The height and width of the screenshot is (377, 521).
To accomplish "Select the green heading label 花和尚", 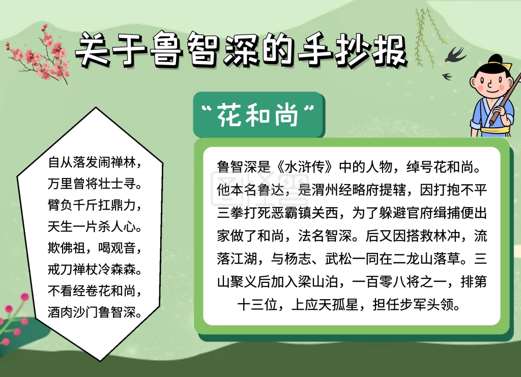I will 257,115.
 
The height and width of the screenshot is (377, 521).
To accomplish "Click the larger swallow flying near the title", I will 455,54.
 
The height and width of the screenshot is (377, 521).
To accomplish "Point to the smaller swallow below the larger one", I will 447,77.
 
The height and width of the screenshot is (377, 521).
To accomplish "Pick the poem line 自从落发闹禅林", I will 94,163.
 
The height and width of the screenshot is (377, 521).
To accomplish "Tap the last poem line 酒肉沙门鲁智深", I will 94,311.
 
